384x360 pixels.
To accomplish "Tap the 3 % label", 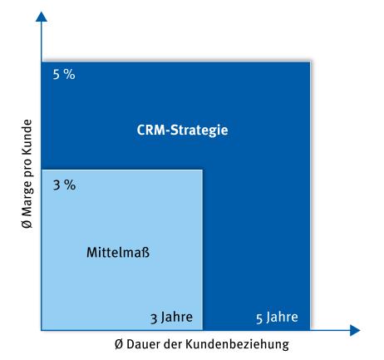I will click(x=63, y=185).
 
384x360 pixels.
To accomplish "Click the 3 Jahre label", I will click(x=172, y=317).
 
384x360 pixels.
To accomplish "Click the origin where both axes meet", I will click(x=40, y=330).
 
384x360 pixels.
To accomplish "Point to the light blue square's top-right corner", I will click(x=202, y=170).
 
